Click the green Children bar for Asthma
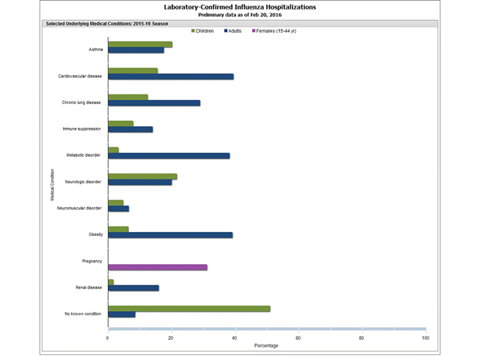(x=140, y=45)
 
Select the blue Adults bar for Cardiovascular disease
(x=170, y=77)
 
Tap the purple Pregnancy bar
(x=158, y=266)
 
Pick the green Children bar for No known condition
(x=189, y=308)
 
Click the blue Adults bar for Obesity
(x=170, y=234)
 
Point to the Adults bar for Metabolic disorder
(x=169, y=156)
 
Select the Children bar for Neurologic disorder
(x=142, y=176)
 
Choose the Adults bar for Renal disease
(x=134, y=288)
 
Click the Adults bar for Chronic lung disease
(x=154, y=103)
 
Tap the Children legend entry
(x=206, y=30)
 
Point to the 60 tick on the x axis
(x=298, y=338)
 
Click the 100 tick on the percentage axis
(x=425, y=338)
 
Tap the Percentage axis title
(x=266, y=346)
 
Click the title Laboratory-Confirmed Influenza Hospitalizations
(x=239, y=7)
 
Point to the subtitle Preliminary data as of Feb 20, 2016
(x=239, y=15)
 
